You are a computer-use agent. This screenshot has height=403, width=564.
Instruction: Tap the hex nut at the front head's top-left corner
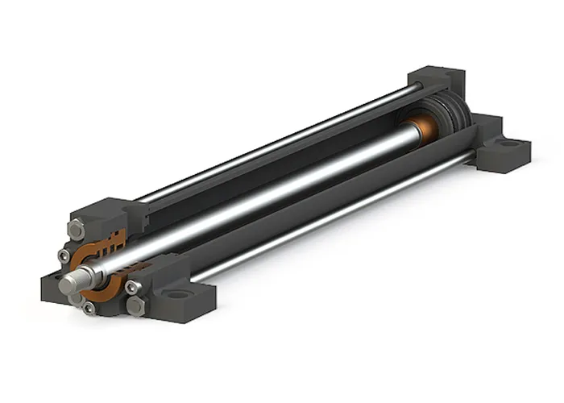click(77, 230)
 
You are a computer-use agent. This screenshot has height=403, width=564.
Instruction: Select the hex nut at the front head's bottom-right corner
click(135, 306)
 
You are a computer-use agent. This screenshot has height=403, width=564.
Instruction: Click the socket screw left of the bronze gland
click(64, 256)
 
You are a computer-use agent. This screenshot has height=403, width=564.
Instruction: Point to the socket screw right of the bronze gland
click(131, 286)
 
